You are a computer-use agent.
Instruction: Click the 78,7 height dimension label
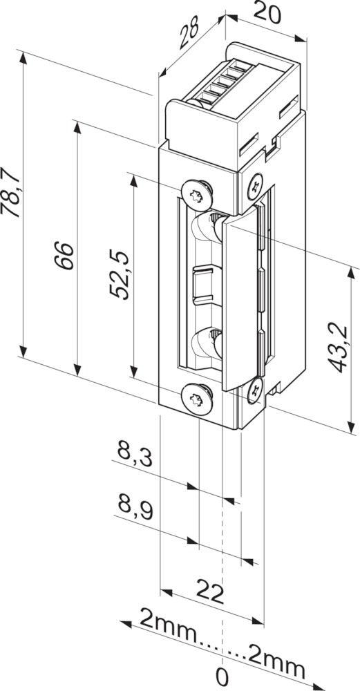pos(11,192)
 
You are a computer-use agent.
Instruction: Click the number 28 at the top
pos(189,32)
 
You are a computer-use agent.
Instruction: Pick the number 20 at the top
pos(267,14)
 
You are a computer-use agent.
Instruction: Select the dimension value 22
pos(210,592)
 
